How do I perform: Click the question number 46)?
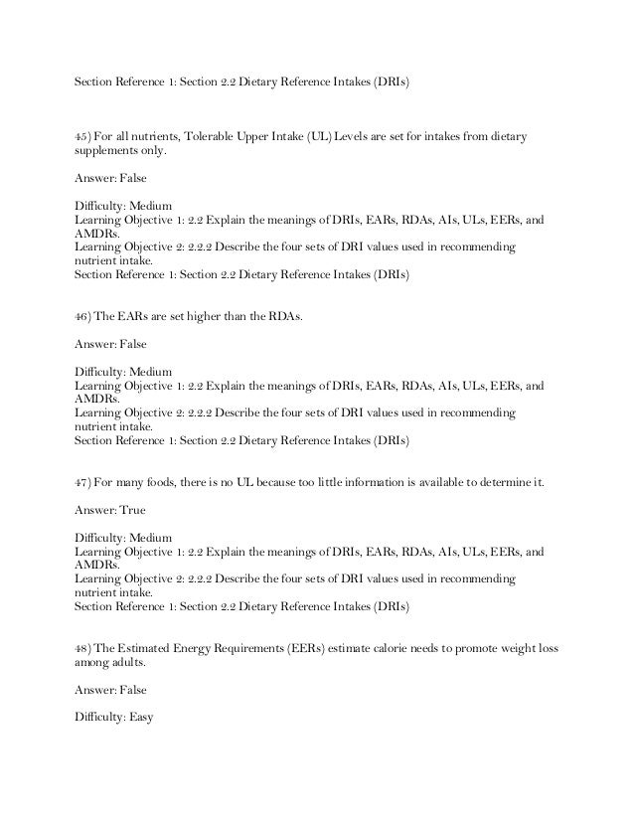84,317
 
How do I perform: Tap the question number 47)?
84,482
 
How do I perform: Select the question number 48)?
84,648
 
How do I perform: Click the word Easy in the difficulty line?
138,717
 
